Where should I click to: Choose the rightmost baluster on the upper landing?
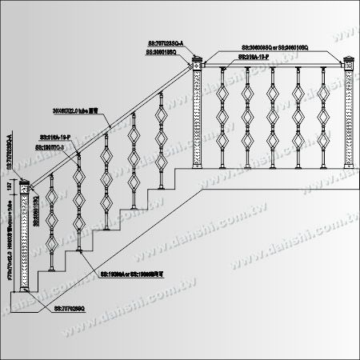pos(323,117)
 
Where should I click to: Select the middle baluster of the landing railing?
pos(272,117)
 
